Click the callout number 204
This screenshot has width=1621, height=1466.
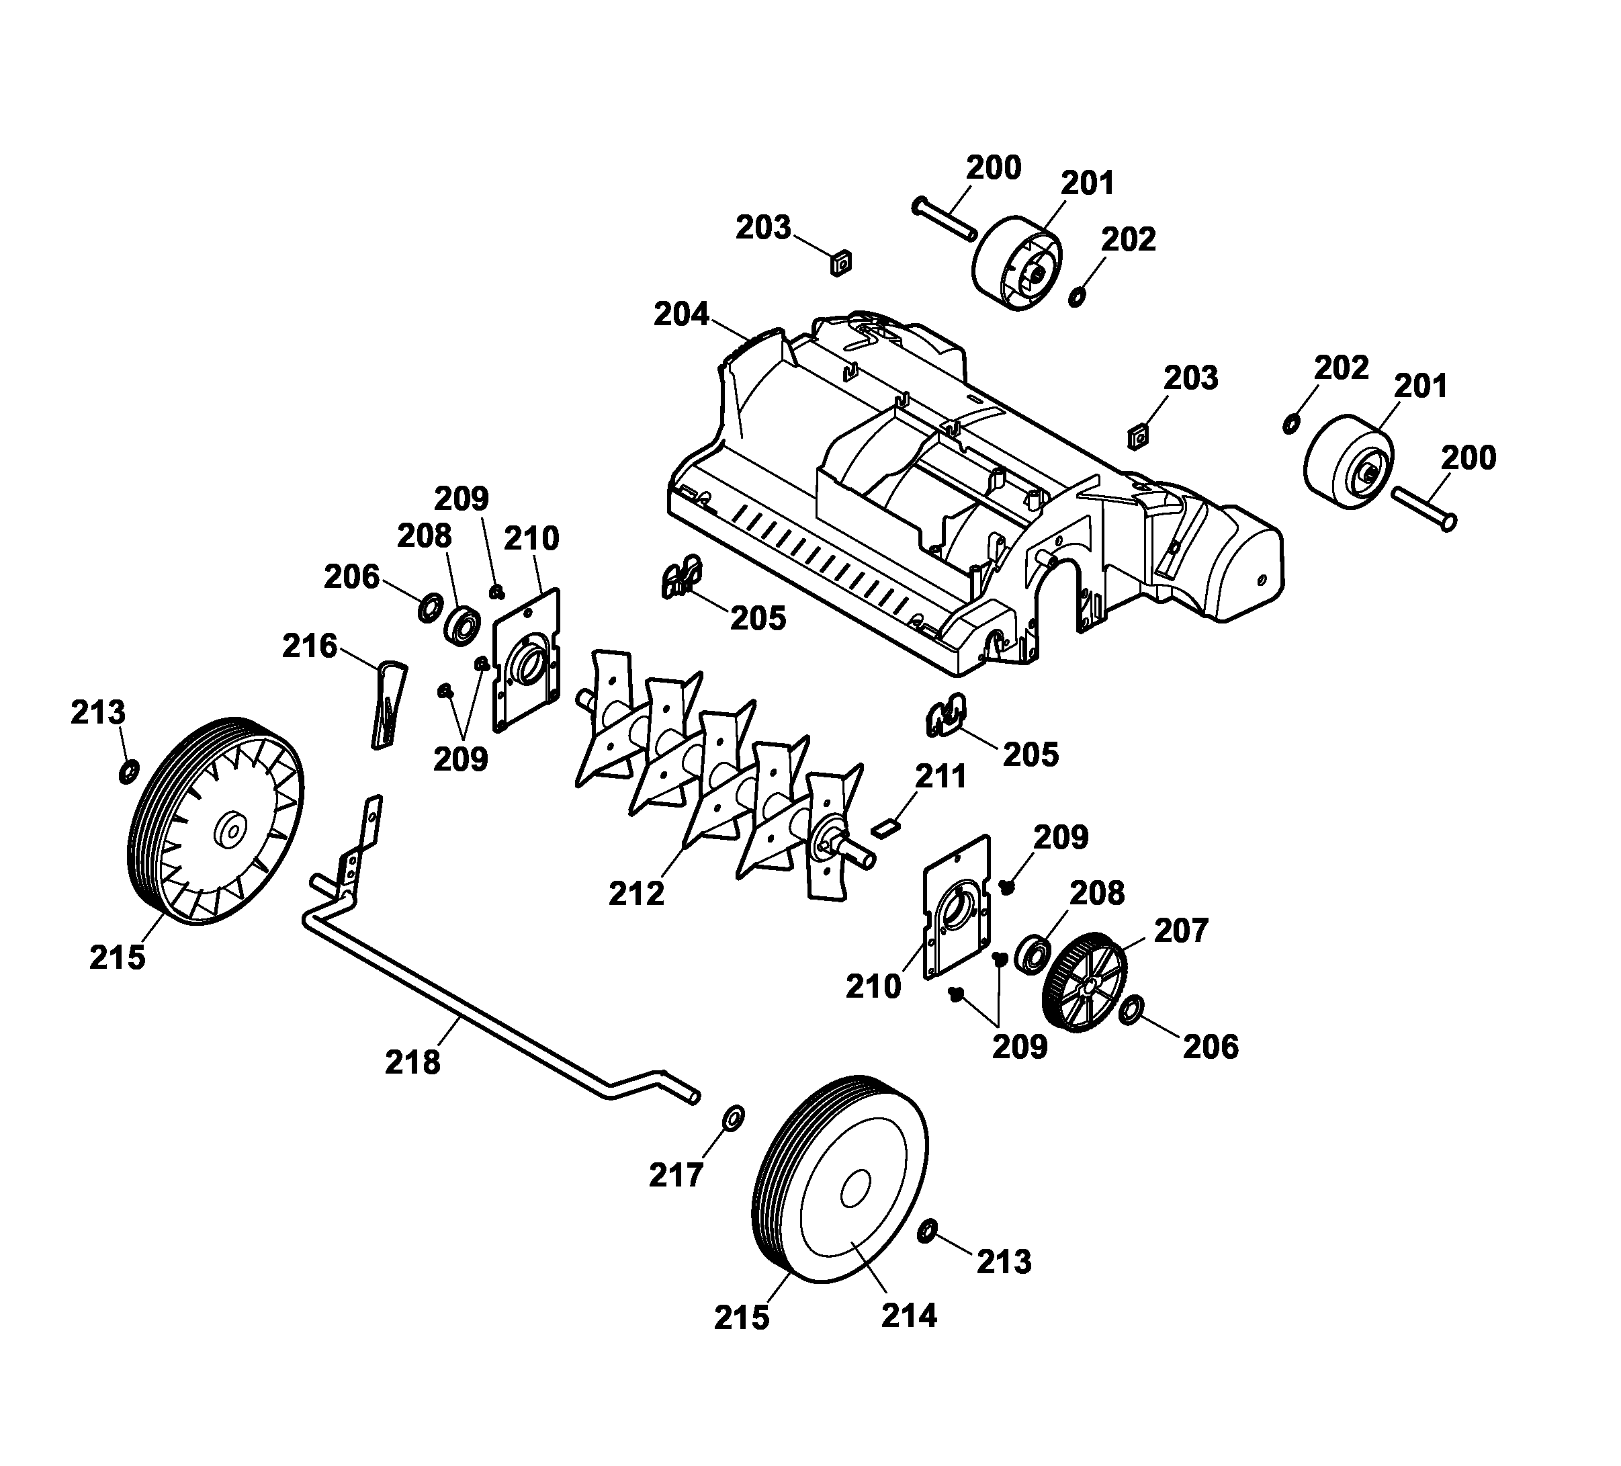681,314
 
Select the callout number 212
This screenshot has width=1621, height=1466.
636,894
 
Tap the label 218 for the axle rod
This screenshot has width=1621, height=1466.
412,1062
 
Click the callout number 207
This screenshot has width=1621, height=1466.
1181,931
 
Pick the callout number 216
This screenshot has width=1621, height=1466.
310,646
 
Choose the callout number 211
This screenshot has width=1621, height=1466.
940,777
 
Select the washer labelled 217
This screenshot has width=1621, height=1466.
734,1118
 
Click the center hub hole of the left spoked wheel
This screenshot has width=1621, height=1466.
231,830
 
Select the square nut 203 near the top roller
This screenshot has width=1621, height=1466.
841,263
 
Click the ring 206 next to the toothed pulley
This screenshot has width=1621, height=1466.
1132,1009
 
